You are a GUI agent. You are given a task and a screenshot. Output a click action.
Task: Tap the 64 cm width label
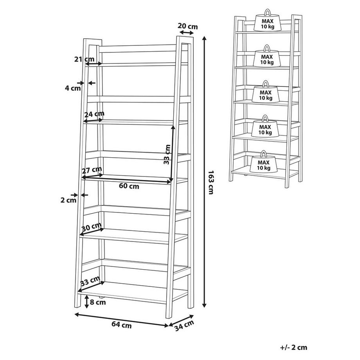(121, 324)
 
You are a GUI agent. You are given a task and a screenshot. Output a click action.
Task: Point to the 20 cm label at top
(187, 26)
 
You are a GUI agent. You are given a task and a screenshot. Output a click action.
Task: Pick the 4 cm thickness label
(72, 88)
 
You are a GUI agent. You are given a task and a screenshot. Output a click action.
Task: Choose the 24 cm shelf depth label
(94, 114)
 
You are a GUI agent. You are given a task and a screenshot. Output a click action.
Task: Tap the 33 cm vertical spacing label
(167, 154)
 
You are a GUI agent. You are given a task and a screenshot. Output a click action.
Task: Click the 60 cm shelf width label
(129, 186)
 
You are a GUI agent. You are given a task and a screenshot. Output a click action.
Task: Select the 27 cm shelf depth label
(92, 170)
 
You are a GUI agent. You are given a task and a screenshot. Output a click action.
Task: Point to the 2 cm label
(68, 200)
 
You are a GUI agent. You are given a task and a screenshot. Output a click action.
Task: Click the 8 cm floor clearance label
(97, 302)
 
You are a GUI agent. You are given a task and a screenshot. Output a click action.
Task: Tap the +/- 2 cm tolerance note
(293, 347)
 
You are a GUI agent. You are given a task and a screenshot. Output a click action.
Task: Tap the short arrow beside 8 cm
(86, 302)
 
